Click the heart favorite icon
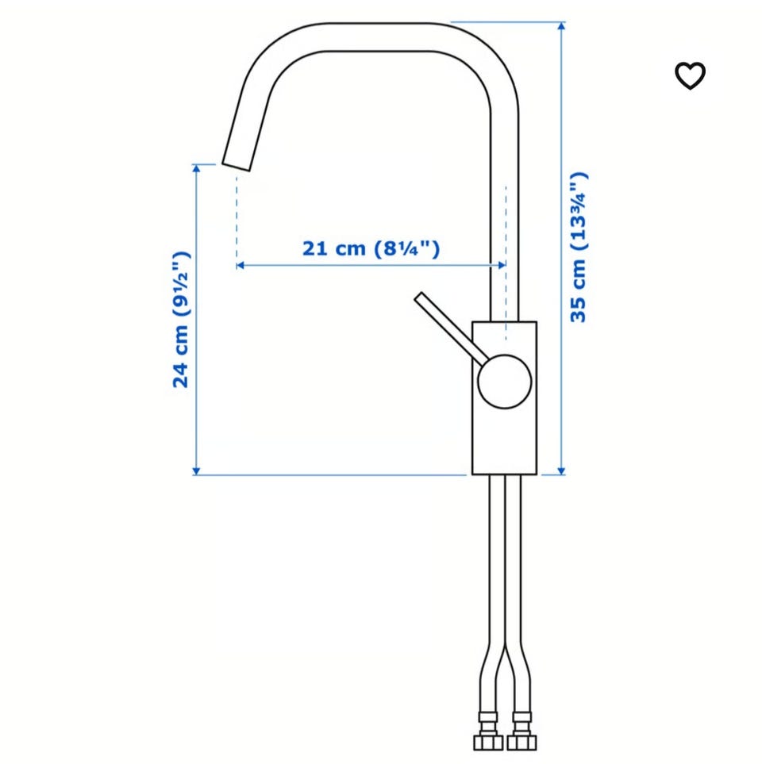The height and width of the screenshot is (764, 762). (x=690, y=75)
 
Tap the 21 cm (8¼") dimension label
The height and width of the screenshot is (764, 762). (x=371, y=248)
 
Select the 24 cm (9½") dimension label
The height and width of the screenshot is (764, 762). (x=181, y=320)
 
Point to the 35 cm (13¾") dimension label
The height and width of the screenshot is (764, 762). (x=579, y=247)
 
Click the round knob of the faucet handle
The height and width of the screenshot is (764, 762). (x=505, y=382)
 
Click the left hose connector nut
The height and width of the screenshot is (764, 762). (x=488, y=743)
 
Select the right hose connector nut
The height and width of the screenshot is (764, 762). (x=521, y=743)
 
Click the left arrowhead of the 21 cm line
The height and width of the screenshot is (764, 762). (x=240, y=266)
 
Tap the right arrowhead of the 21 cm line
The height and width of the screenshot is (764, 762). (x=502, y=266)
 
